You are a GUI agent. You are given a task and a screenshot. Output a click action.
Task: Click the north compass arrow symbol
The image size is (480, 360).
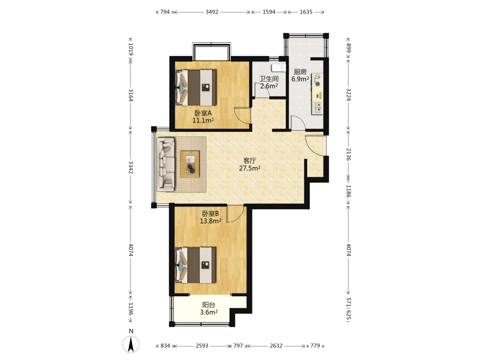(131, 344)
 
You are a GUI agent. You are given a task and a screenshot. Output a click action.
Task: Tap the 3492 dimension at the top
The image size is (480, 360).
(212, 12)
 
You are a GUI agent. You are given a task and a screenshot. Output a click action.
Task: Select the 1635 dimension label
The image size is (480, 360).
(306, 12)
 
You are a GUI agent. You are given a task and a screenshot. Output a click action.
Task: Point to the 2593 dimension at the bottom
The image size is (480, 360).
(202, 346)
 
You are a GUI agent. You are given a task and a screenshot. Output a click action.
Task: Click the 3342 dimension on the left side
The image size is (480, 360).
(131, 167)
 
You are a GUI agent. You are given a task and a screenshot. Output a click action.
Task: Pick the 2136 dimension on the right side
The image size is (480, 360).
(348, 154)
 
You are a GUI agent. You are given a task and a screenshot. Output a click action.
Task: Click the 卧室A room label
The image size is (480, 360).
(203, 113)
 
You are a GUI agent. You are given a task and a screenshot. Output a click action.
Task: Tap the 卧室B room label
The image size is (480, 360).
(210, 214)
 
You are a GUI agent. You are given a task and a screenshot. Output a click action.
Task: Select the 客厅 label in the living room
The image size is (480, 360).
(250, 161)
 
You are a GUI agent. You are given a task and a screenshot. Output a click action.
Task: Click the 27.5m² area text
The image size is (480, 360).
(250, 168)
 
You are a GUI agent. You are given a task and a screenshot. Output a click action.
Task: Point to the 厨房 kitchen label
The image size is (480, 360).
(300, 72)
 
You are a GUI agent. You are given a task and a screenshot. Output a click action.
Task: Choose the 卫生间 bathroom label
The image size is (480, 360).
(269, 79)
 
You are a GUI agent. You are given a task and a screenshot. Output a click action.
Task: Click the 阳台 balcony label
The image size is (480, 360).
(209, 305)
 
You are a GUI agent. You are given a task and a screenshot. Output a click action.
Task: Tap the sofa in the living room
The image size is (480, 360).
(166, 164)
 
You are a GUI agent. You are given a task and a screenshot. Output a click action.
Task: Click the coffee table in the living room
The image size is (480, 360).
(190, 164)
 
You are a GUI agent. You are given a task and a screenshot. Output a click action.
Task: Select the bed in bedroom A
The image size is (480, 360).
(196, 88)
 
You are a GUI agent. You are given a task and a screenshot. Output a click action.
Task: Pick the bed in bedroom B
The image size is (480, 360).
(196, 265)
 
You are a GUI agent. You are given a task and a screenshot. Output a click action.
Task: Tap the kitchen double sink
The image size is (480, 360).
(318, 108)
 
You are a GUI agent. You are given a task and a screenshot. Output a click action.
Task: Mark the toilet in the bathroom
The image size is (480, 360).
(278, 68)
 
